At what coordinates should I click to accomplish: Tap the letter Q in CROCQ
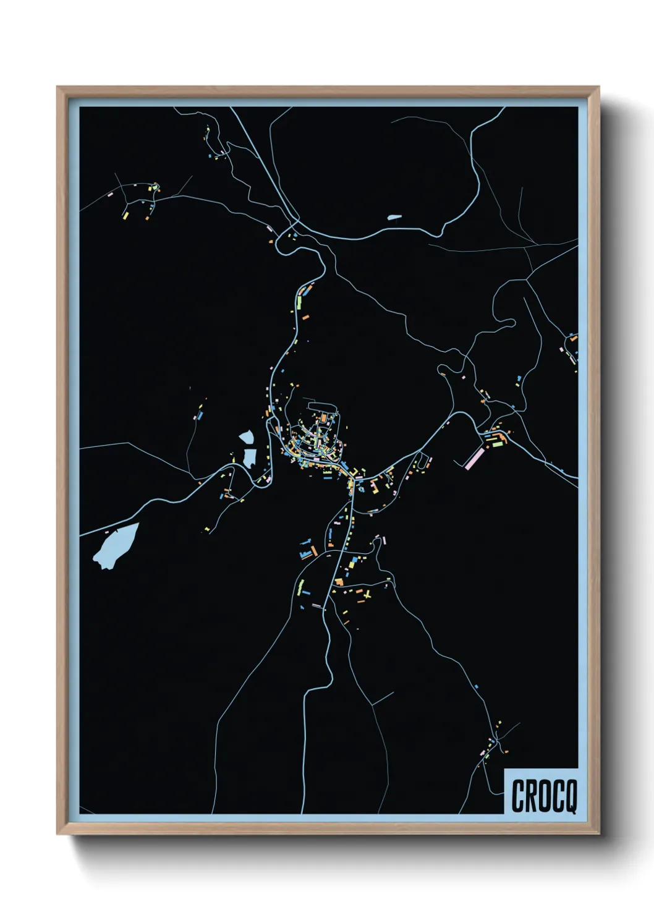[570, 796]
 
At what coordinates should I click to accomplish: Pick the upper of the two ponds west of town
[247, 437]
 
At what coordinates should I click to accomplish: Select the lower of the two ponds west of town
[250, 457]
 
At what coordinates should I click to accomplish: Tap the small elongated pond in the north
[394, 217]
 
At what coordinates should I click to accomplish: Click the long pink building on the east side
[474, 458]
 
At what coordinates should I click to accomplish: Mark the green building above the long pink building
[495, 442]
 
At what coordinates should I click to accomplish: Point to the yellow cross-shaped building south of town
[367, 595]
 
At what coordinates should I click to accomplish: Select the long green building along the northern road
[300, 302]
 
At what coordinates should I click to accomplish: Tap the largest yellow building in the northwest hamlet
[125, 215]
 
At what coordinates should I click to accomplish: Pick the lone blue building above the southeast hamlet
[477, 686]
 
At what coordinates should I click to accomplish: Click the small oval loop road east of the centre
[423, 461]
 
